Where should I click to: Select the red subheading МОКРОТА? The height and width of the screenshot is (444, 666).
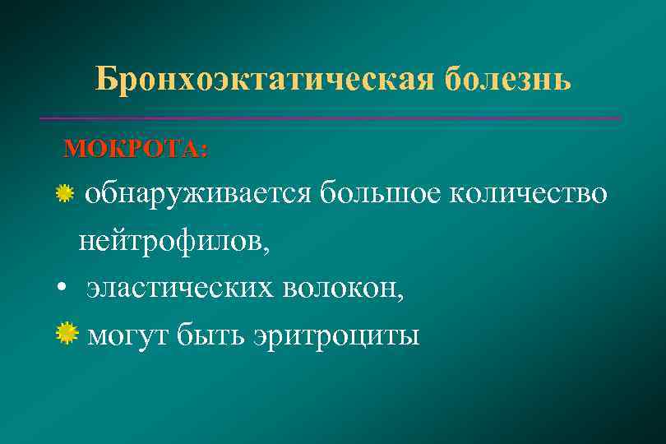tap(136, 149)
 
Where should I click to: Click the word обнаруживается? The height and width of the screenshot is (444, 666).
tap(198, 194)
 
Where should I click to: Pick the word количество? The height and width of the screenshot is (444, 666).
tap(531, 194)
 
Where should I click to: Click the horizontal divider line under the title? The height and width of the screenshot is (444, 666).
tap(329, 119)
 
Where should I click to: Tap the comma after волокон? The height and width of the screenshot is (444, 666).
tap(400, 297)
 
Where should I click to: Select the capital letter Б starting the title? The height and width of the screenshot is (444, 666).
tap(104, 79)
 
